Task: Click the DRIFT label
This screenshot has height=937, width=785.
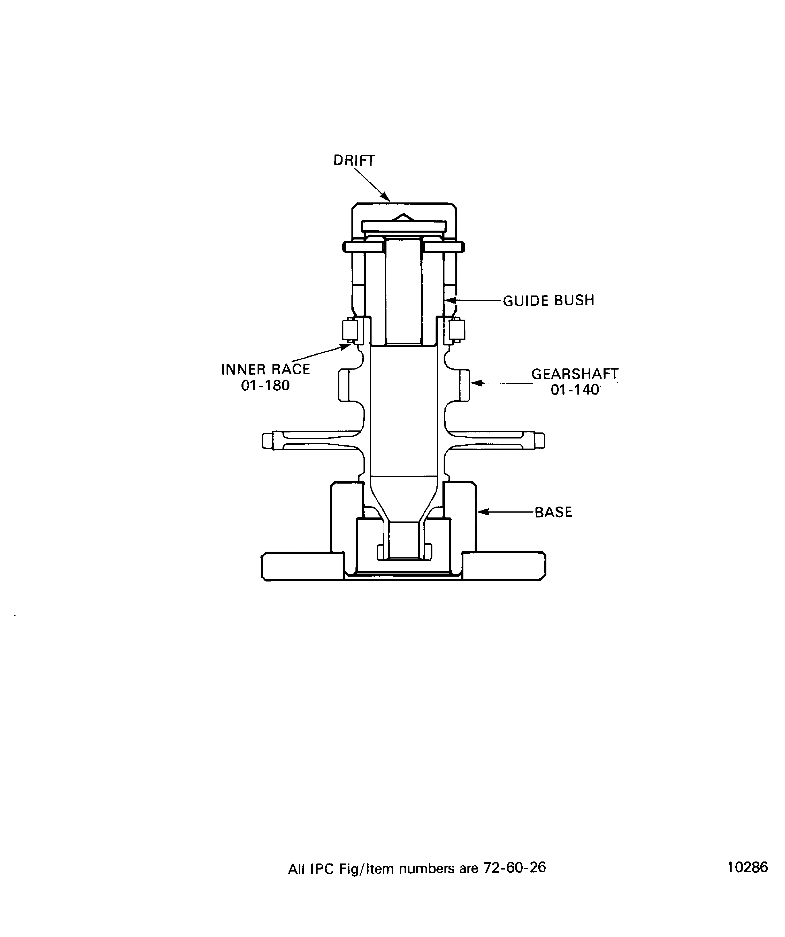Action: pos(354,160)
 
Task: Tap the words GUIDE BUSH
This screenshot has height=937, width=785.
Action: pos(549,300)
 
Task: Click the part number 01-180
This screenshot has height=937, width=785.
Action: pos(265,385)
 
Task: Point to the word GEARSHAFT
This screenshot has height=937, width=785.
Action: pos(575,374)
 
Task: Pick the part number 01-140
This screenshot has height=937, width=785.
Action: pos(575,389)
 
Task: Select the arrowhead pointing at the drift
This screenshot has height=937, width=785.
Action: pos(386,197)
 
